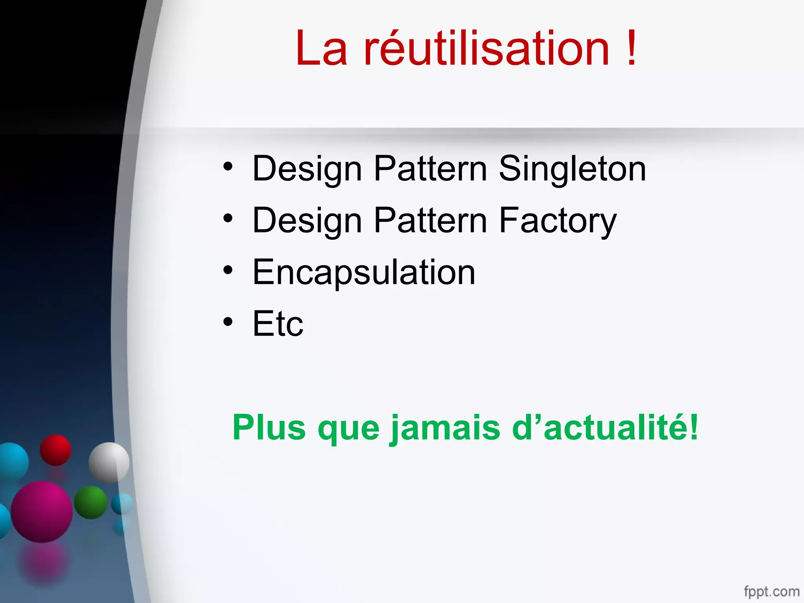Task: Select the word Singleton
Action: (x=572, y=169)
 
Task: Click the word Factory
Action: (x=557, y=221)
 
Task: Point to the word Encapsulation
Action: (x=364, y=272)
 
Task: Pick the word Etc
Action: (x=278, y=324)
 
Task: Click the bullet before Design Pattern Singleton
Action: (x=228, y=166)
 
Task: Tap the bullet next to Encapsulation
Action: (x=228, y=270)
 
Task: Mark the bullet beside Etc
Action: (x=228, y=322)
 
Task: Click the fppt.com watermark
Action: (x=771, y=591)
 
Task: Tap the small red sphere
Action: (x=55, y=450)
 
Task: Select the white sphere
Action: (x=109, y=462)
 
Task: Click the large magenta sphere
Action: (x=42, y=512)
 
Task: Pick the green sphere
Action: (x=91, y=502)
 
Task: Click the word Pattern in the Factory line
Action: (x=430, y=221)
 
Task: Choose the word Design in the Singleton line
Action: (x=307, y=169)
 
